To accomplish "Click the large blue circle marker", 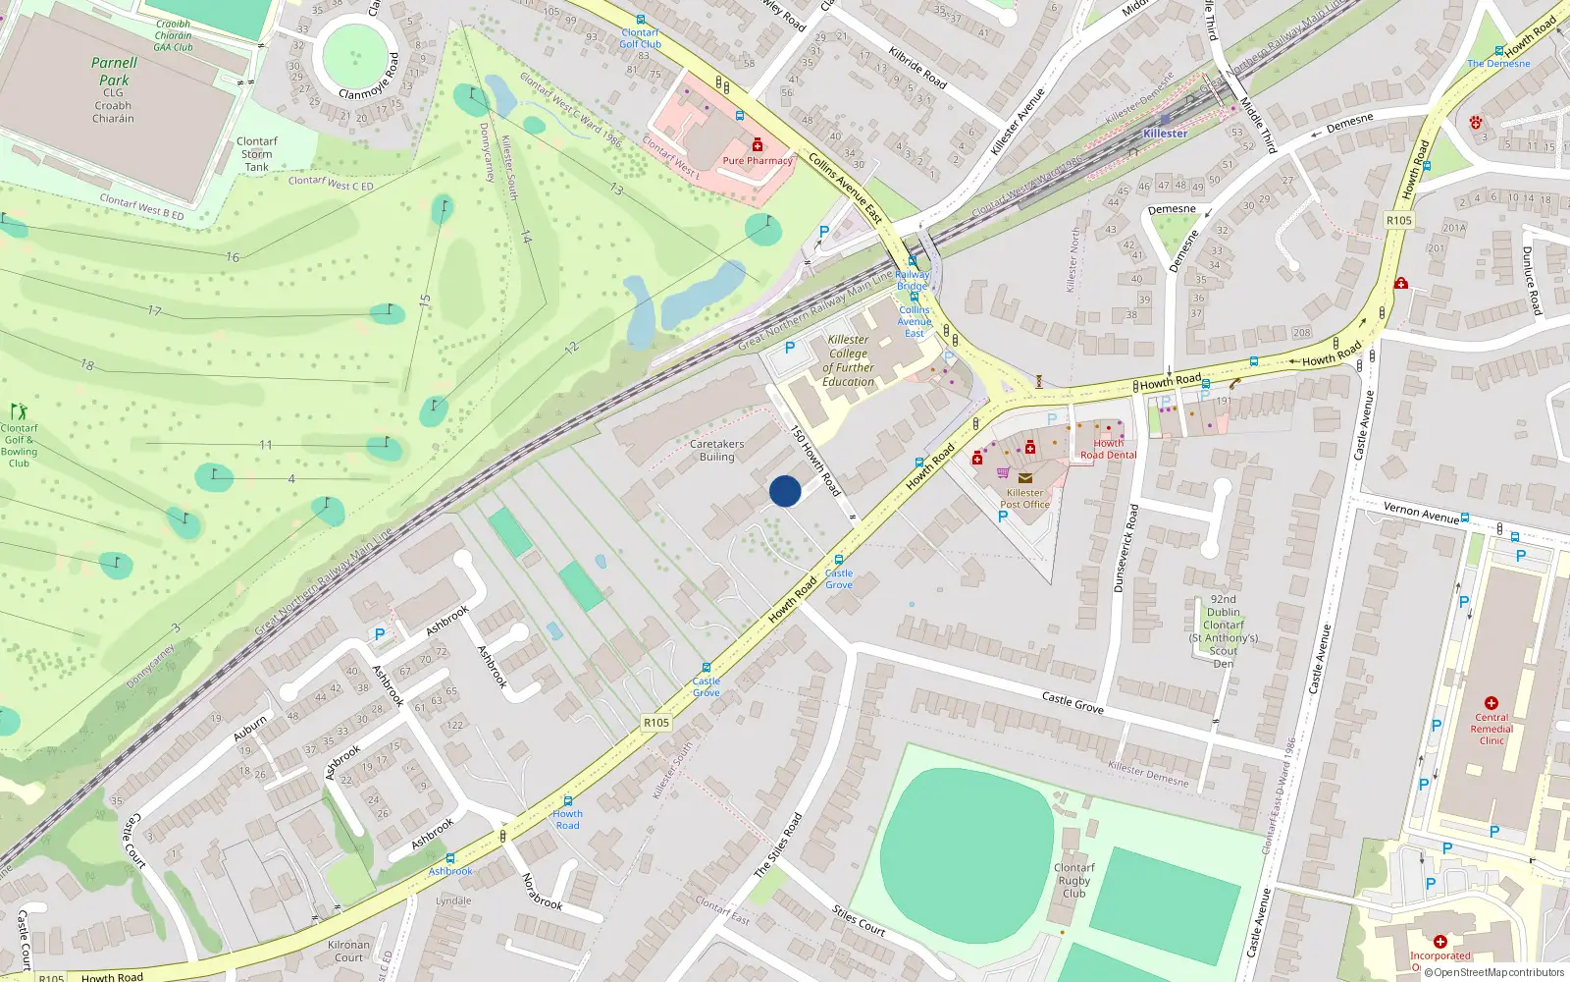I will [785, 491].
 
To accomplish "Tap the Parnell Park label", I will [114, 72].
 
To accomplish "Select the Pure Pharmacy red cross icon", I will [758, 145].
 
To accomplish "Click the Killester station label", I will [1165, 133].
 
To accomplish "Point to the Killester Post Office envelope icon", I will [1024, 478].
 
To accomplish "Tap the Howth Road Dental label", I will [1109, 449].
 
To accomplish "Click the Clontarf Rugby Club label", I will [1074, 880].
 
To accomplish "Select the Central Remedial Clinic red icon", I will [1491, 703].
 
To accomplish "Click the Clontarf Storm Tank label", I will [257, 154].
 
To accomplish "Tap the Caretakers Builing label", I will [716, 450].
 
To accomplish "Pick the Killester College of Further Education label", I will [848, 360].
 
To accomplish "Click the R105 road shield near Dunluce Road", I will [1399, 220].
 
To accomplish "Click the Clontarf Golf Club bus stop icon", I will [641, 20].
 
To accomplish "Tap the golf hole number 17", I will [154, 310].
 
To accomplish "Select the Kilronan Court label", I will [348, 951].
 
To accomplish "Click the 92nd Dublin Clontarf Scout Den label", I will [1224, 630].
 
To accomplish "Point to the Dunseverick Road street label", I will [1125, 548].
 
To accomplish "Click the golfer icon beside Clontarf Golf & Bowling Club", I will [19, 411].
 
